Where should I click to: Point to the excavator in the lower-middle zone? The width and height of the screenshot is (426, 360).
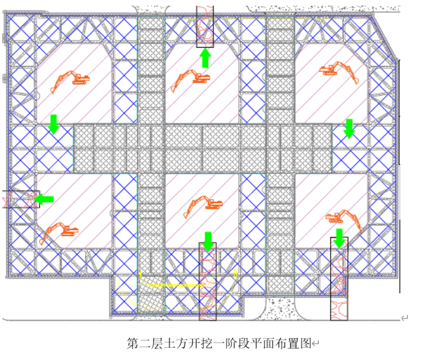click(202, 204)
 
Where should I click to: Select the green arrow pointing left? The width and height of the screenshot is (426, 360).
click(44, 199)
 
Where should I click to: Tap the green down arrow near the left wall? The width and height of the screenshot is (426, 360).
click(54, 124)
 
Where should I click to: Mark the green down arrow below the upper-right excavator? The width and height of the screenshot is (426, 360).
click(349, 128)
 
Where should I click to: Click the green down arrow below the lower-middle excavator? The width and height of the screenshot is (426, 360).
click(208, 241)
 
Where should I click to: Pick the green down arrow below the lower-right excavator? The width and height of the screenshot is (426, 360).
click(339, 238)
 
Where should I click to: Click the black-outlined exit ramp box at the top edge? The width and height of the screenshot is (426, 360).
click(205, 26)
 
